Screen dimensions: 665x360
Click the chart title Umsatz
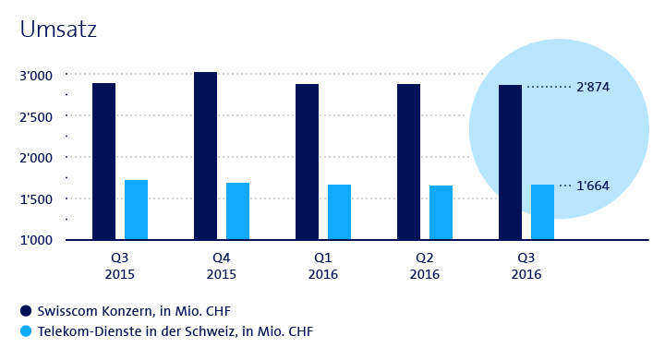[x=58, y=30]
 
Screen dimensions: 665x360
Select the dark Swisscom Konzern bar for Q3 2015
[x=103, y=162]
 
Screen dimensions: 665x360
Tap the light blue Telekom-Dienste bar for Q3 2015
[x=136, y=210]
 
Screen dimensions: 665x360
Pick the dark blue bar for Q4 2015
[x=205, y=156]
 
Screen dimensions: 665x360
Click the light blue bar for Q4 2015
[x=237, y=211]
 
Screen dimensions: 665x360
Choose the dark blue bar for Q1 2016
[x=307, y=162]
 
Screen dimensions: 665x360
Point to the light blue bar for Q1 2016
[x=339, y=212]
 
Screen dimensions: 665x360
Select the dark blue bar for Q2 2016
[x=408, y=162]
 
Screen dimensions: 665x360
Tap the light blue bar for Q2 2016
[x=441, y=212]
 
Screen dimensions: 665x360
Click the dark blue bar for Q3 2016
[x=510, y=162]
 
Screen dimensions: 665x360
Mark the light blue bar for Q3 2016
[x=542, y=212]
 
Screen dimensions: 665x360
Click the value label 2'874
[x=593, y=87]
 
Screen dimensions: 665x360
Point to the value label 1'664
[x=593, y=186]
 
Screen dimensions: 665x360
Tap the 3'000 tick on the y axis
[x=36, y=76]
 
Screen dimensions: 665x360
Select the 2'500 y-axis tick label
[x=36, y=117]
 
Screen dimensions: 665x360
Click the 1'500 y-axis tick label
[x=36, y=199]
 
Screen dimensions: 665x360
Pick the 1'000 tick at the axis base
[x=36, y=240]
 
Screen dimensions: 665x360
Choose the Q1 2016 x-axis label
[x=322, y=266]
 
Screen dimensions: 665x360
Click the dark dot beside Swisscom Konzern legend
[x=26, y=311]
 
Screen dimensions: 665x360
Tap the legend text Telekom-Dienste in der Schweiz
[x=137, y=331]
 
